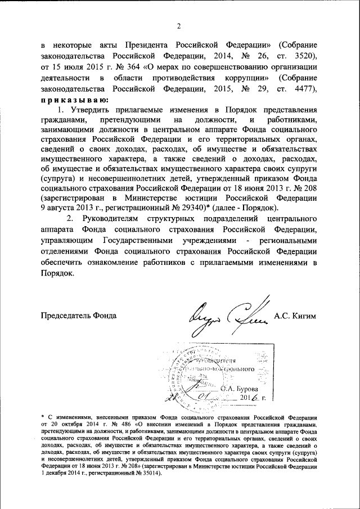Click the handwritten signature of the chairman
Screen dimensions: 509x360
point(228,316)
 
